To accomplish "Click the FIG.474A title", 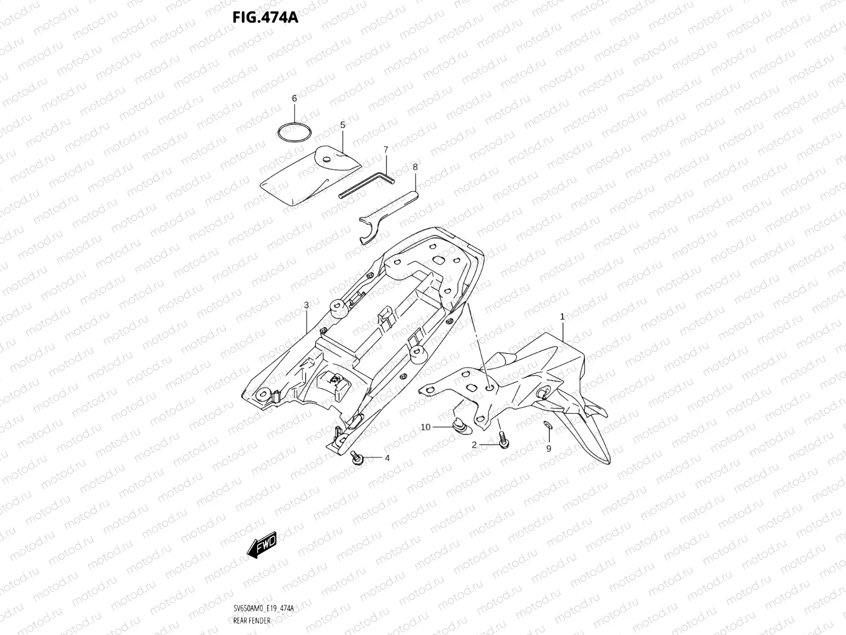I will pyautogui.click(x=265, y=17).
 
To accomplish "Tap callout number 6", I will pyautogui.click(x=295, y=98).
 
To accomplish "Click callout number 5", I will pyautogui.click(x=343, y=125).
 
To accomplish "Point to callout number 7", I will pyautogui.click(x=386, y=150).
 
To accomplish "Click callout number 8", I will pyautogui.click(x=415, y=167).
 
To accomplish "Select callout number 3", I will pyautogui.click(x=306, y=305).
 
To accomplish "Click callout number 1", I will pyautogui.click(x=563, y=316).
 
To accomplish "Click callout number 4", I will pyautogui.click(x=387, y=458).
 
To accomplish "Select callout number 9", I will pyautogui.click(x=548, y=449).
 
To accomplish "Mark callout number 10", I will pyautogui.click(x=426, y=427).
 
